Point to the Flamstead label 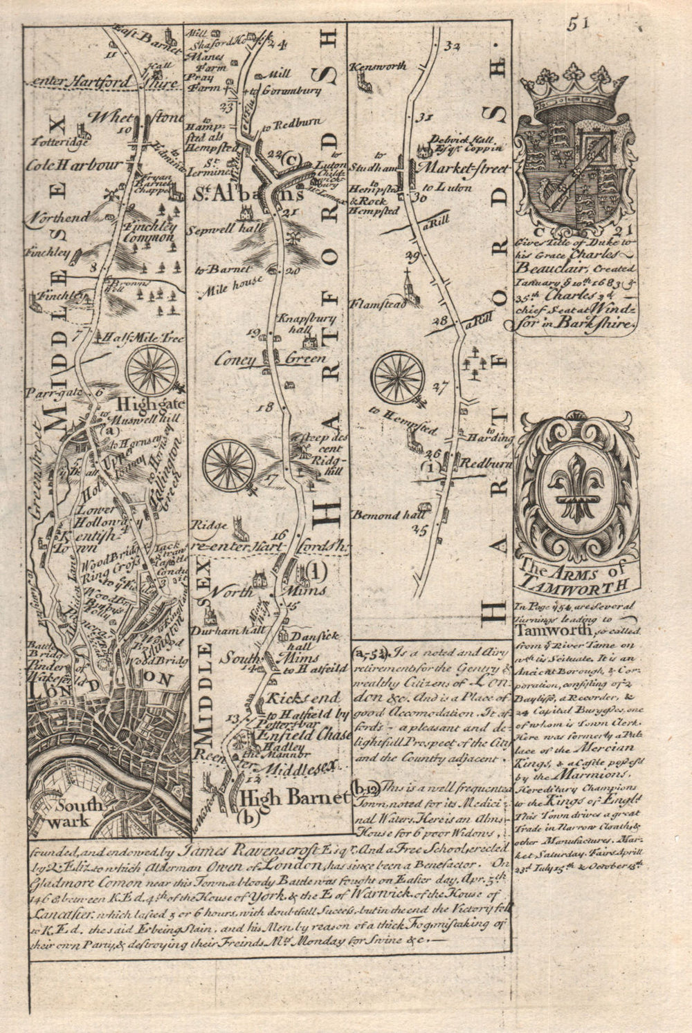376,304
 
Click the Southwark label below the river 82,812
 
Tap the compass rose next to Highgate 152,370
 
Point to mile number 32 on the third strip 453,46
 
